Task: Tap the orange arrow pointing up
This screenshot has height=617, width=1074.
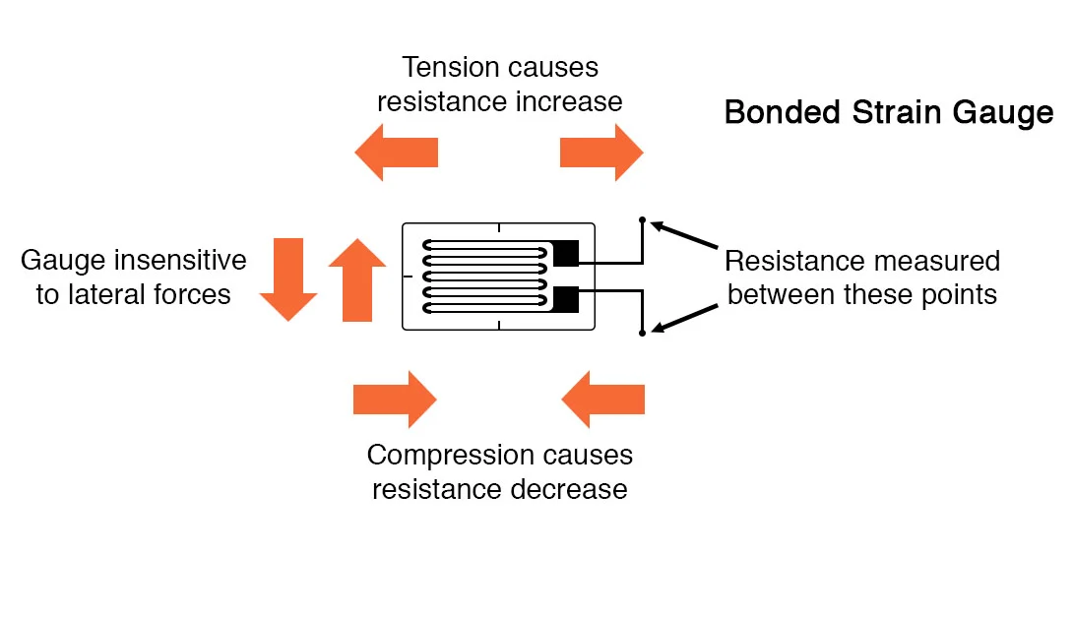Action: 356,279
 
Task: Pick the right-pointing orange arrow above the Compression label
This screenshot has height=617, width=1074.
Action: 394,400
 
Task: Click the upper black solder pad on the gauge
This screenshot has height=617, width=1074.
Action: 565,254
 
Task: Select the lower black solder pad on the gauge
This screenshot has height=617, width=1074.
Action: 565,298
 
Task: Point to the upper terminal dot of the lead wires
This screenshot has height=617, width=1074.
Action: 642,220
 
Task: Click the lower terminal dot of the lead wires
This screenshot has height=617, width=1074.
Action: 642,334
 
